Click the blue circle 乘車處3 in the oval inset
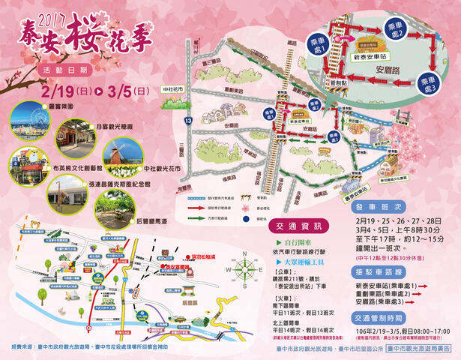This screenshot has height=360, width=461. [x=430, y=82]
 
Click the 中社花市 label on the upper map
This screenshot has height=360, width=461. [x=171, y=88]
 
